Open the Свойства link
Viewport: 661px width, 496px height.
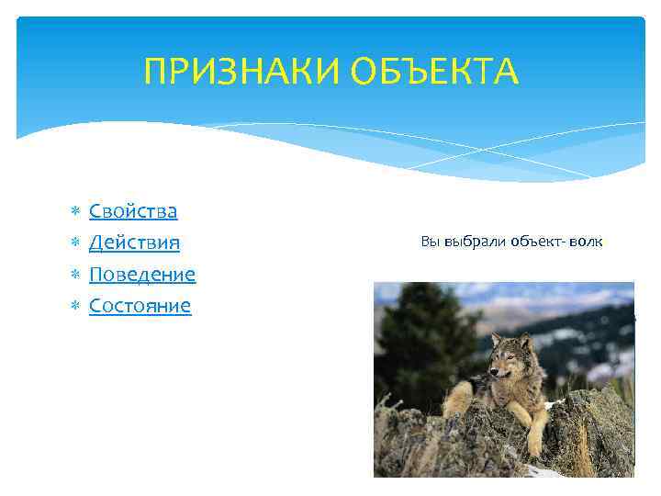(133, 211)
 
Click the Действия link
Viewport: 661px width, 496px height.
(134, 242)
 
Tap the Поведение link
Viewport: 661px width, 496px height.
(142, 274)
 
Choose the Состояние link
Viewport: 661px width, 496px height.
(140, 305)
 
